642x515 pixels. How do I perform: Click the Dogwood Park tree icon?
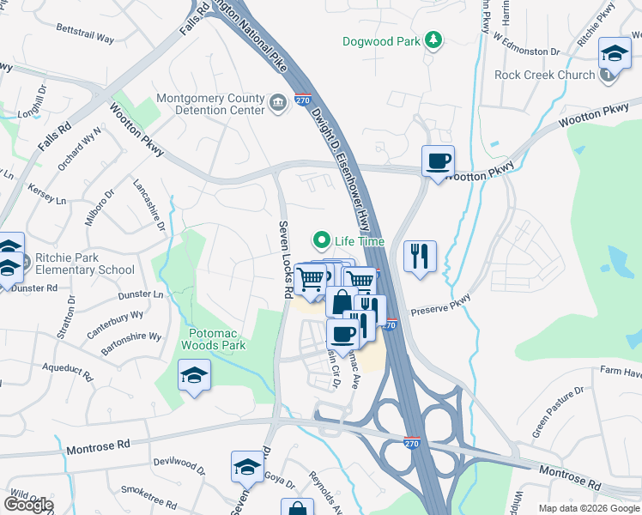[x=434, y=40]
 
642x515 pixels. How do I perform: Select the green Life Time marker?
[x=323, y=241]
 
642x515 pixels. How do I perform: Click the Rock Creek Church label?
[x=545, y=75]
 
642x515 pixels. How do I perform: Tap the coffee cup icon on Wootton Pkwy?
[x=438, y=161]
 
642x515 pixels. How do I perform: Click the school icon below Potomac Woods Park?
[x=195, y=376]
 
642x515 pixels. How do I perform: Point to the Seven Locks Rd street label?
[x=283, y=260]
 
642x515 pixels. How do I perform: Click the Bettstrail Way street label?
[x=85, y=39]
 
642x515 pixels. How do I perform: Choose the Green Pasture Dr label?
[x=557, y=411]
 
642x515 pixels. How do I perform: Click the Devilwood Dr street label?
[x=179, y=466]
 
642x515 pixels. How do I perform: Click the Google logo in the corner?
[x=27, y=504]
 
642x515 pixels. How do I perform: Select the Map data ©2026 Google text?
[x=589, y=508]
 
